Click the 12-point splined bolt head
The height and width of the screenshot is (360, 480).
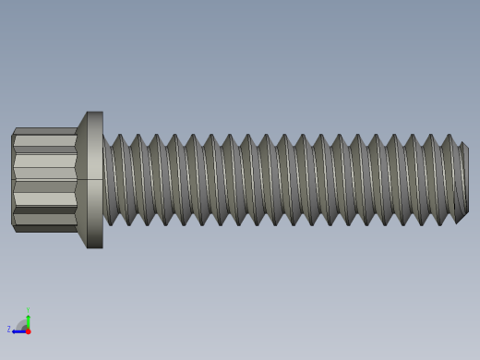[44, 180]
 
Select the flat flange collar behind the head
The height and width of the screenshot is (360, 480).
[95, 180]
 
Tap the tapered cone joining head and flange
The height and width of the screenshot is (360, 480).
[82, 180]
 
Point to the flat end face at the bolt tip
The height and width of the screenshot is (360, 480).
[464, 180]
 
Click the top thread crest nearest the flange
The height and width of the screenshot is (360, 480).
[119, 137]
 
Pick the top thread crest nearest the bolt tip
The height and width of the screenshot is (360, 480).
[450, 137]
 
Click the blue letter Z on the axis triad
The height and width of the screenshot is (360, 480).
[9, 330]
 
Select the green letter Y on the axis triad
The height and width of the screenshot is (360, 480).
[28, 310]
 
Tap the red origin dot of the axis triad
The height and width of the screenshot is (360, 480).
[28, 330]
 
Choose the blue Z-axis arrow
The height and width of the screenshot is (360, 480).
[18, 330]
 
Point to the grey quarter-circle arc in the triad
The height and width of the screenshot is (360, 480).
[22, 323]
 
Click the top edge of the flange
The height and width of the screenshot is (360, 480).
[95, 113]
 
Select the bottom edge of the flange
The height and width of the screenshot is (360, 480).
[95, 247]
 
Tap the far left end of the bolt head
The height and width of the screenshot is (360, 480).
[12, 180]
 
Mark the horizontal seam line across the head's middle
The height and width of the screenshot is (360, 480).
[44, 179]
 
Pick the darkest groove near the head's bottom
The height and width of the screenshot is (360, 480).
[44, 210]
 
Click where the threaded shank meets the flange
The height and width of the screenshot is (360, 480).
[103, 180]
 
